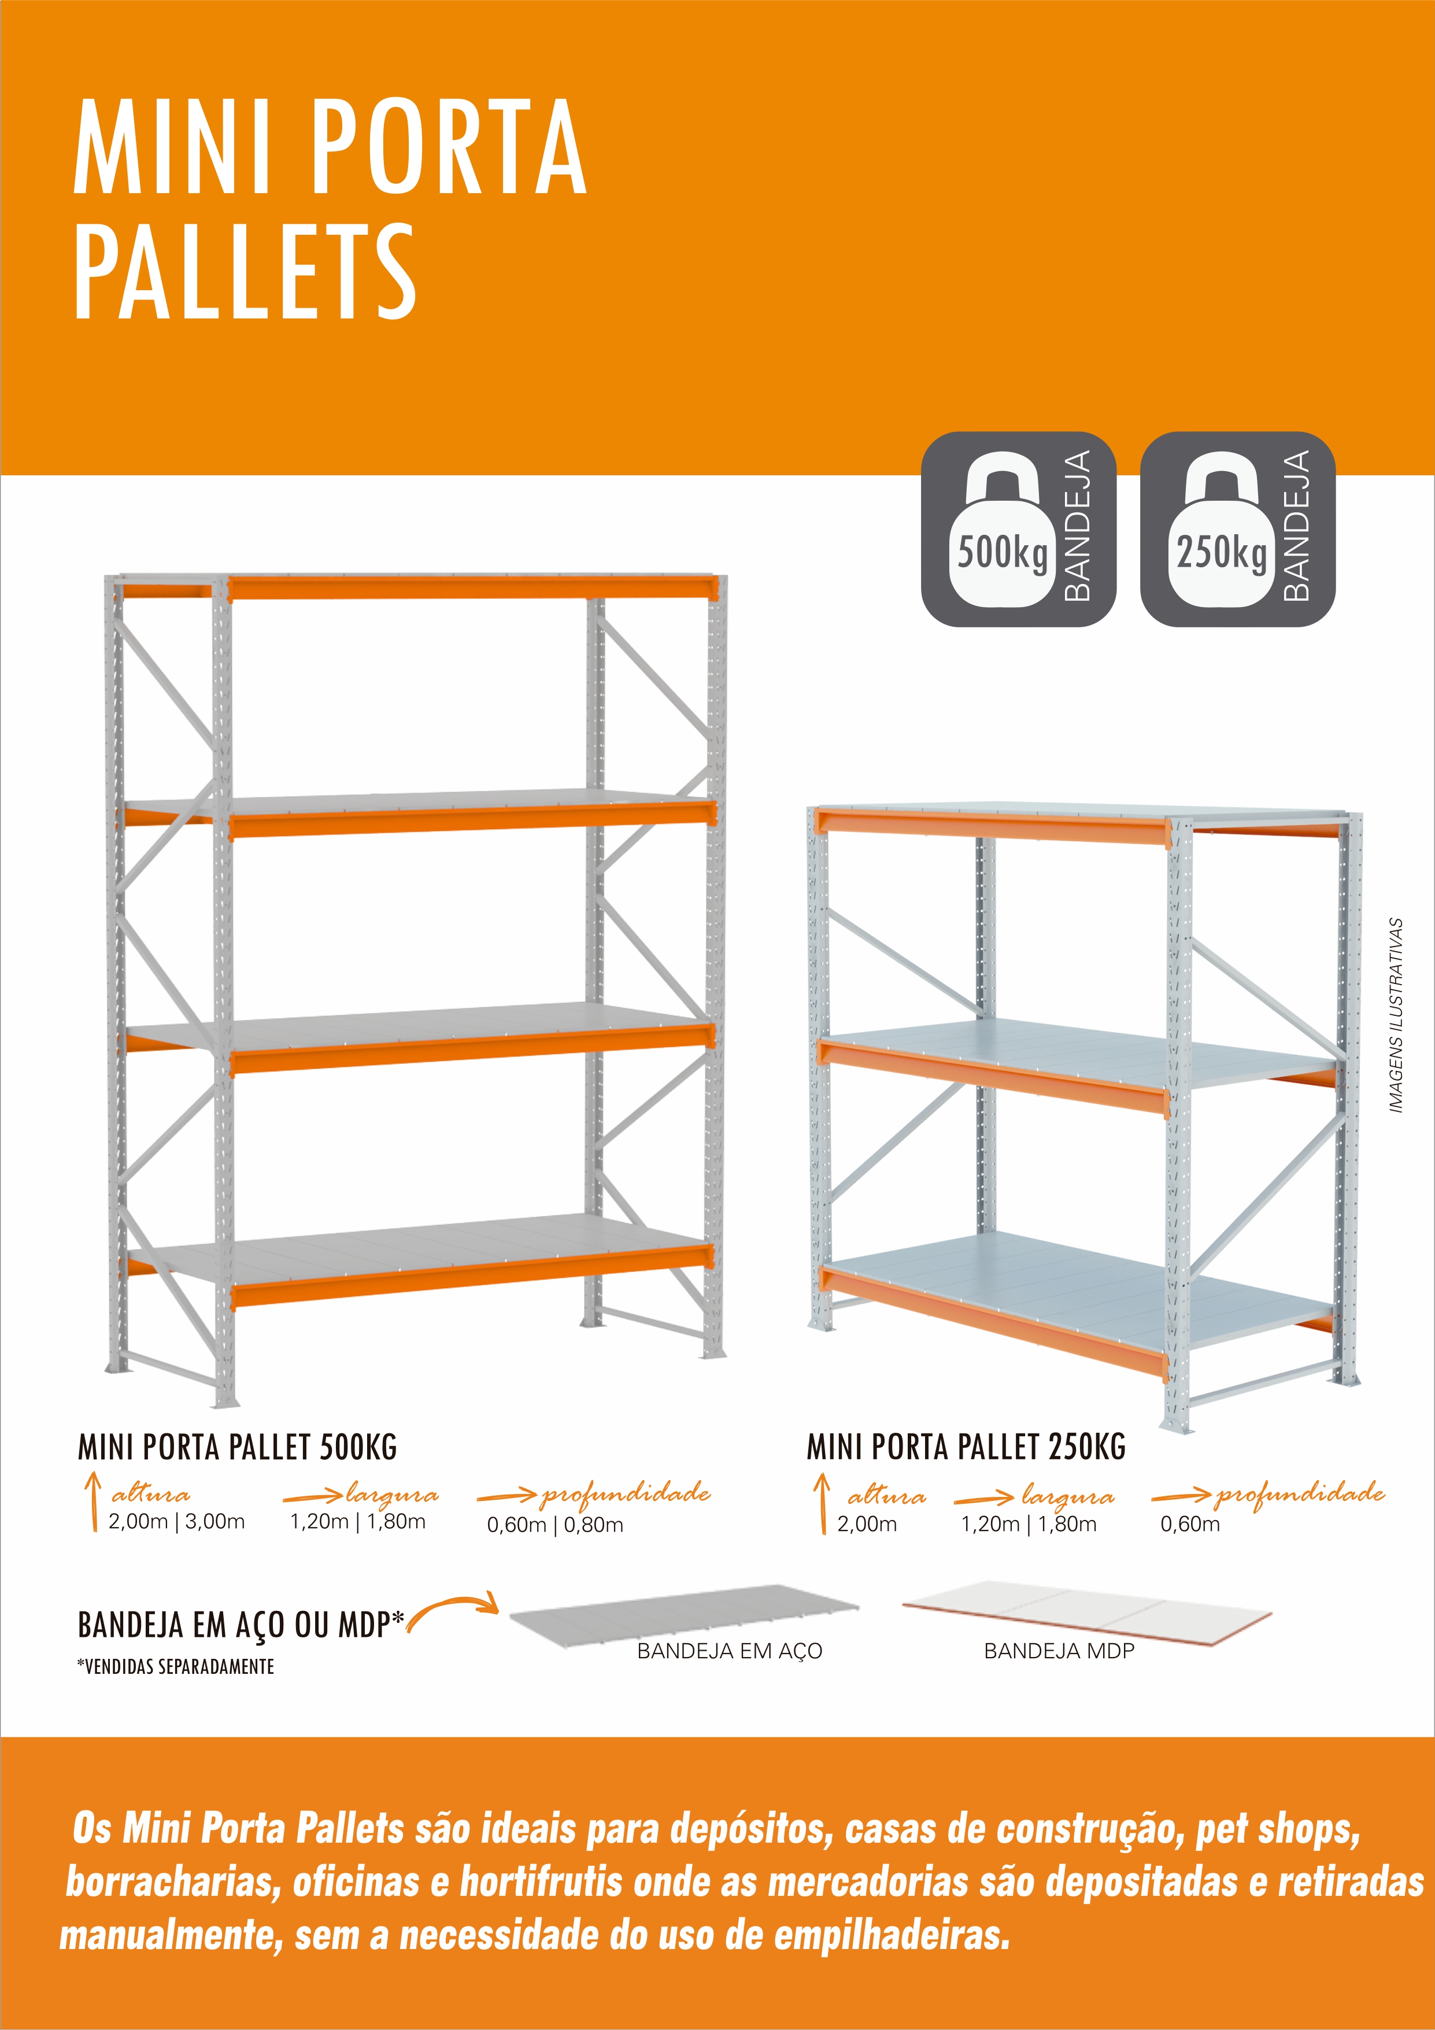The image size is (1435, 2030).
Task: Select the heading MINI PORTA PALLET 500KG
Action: click(x=237, y=1447)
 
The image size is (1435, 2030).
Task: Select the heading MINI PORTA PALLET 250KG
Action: click(x=966, y=1447)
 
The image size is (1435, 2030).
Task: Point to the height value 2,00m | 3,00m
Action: click(x=177, y=1522)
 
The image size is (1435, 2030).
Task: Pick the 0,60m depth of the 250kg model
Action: click(x=1190, y=1524)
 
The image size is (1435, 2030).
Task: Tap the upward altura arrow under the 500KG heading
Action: click(x=92, y=1502)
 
